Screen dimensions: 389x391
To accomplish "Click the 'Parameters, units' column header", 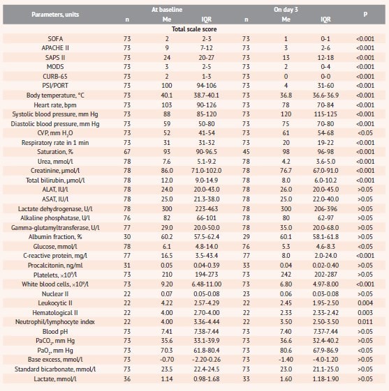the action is click(x=55, y=15).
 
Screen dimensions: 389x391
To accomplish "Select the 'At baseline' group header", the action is click(x=167, y=10).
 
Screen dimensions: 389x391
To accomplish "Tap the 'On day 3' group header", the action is click(x=286, y=10).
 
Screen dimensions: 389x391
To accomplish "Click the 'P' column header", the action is click(x=365, y=14).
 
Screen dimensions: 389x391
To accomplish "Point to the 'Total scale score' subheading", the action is click(x=194, y=29).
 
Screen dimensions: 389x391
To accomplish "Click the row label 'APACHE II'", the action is click(x=55, y=48).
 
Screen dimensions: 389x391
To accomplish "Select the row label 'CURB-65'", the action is click(x=55, y=76).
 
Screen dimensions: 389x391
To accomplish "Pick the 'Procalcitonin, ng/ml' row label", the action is click(x=55, y=266).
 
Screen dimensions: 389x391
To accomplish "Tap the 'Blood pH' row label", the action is click(x=55, y=331).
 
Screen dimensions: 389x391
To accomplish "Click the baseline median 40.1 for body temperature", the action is click(x=167, y=95).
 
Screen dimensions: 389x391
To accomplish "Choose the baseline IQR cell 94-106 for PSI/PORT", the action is click(x=206, y=86).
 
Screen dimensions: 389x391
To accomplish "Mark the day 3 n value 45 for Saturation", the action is click(x=246, y=152).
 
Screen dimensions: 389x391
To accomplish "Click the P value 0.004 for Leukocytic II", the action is click(x=365, y=303).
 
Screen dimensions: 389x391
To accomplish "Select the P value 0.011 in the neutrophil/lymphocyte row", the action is click(x=365, y=322).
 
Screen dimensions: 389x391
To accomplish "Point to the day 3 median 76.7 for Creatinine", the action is click(x=286, y=171).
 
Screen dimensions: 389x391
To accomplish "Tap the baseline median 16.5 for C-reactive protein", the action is click(x=167, y=256).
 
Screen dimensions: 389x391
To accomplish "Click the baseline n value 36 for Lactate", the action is click(x=127, y=378).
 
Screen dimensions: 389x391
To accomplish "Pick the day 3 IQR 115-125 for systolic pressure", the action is click(x=325, y=114).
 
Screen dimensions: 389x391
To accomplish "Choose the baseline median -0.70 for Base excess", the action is click(x=167, y=360).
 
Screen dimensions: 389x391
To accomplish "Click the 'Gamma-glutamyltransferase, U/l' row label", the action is click(x=55, y=228).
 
